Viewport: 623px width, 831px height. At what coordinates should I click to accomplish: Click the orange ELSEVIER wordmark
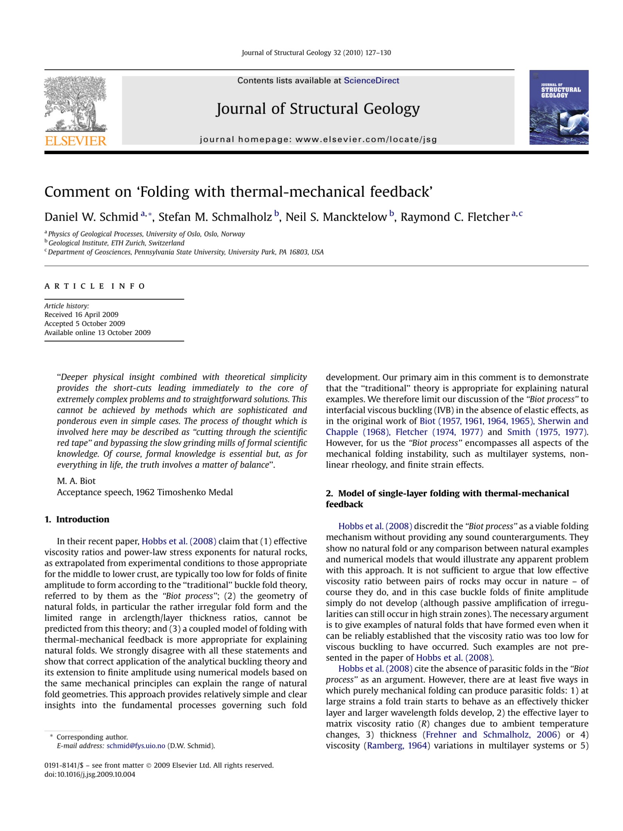(76, 141)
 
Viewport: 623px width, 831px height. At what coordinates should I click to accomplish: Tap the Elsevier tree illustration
(75, 103)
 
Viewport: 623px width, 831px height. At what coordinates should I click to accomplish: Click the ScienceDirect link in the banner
(371, 80)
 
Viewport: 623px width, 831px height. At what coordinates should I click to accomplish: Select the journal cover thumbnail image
(558, 107)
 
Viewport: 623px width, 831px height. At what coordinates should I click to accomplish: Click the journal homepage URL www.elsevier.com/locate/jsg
(366, 139)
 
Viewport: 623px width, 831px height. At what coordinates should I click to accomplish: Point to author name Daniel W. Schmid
(91, 217)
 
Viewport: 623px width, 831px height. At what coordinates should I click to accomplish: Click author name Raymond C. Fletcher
(455, 217)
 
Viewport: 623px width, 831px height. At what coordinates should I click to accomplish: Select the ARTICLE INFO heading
(95, 286)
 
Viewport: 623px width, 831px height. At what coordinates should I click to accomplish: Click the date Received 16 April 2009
(81, 314)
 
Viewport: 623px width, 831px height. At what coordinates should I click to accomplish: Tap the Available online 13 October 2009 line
(97, 332)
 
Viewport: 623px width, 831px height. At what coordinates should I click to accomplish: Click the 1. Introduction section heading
(77, 519)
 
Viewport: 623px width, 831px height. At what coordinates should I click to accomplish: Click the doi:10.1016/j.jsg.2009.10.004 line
(89, 774)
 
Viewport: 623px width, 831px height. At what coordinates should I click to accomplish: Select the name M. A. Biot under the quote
(76, 481)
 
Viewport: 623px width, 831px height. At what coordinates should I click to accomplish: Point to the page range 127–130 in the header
(378, 53)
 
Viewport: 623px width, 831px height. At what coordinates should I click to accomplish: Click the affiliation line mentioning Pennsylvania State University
(185, 252)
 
